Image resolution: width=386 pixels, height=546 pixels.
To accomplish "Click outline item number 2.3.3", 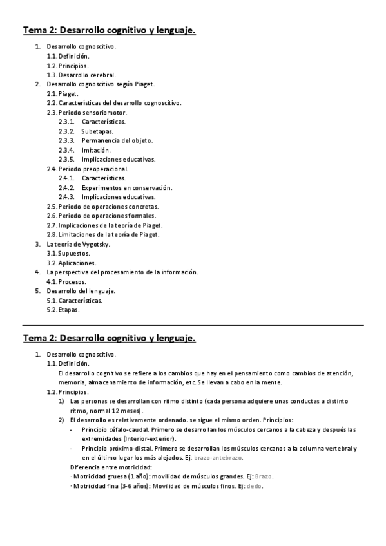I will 66,140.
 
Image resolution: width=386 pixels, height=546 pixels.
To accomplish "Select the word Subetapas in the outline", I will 97,131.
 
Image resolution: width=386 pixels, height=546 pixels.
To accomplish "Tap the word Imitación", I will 96,150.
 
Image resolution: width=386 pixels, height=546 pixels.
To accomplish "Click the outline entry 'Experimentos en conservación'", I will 127,187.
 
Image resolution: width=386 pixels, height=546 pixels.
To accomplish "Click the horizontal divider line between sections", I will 193,325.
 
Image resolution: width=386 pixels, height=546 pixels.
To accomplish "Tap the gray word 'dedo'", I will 255,486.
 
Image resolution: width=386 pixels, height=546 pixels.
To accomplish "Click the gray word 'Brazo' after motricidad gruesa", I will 264,476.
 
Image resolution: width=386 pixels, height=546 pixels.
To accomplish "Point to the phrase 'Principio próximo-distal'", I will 120,448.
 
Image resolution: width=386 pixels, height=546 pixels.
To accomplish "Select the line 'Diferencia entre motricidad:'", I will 111,467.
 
